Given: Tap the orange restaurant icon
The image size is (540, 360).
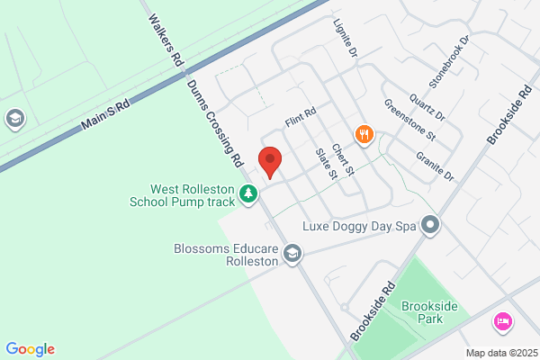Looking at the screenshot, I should (x=364, y=135).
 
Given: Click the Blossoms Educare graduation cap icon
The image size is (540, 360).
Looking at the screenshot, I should (x=292, y=255).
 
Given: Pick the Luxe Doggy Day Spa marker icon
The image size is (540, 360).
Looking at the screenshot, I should (x=431, y=224).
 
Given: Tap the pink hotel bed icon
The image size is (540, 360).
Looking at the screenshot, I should (x=503, y=321).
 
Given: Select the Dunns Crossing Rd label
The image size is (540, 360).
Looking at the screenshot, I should (x=217, y=121).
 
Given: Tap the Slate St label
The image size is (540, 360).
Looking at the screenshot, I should (x=325, y=163).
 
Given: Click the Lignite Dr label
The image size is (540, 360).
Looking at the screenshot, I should (x=346, y=39).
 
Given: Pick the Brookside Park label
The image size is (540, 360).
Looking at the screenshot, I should (x=430, y=313).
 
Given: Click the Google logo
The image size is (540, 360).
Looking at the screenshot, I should (x=30, y=349).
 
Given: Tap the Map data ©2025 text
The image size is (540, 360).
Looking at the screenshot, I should (x=500, y=352).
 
